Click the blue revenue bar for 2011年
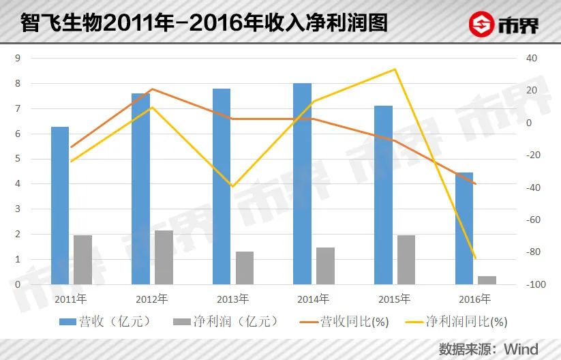pos(60,205)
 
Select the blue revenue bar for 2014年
pos(302,183)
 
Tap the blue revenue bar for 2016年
pos(464,228)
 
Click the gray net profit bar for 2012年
pos(164,257)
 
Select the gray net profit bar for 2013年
pos(245,268)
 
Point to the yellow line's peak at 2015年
pos(395,70)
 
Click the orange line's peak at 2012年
pos(152,89)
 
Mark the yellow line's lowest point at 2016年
pos(475,258)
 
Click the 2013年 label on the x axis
pos(232,299)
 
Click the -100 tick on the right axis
pos(528,284)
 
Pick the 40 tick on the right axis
pos(525,58)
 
